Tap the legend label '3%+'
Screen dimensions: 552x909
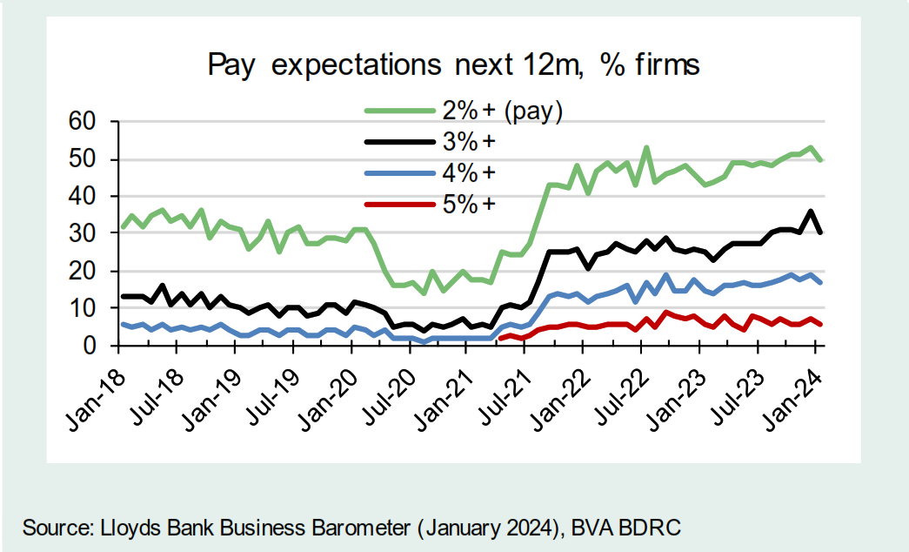coord(473,142)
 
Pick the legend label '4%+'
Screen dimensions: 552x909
coord(473,172)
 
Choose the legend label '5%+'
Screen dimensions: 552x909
coord(473,204)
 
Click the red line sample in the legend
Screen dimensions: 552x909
coord(399,204)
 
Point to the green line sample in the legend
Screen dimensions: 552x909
coord(399,111)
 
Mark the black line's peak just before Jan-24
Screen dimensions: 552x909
coord(811,212)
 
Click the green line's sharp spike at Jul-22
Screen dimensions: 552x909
coord(646,147)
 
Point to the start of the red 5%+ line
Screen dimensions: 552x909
coord(502,339)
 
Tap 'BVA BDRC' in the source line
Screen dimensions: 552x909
coord(634,528)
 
